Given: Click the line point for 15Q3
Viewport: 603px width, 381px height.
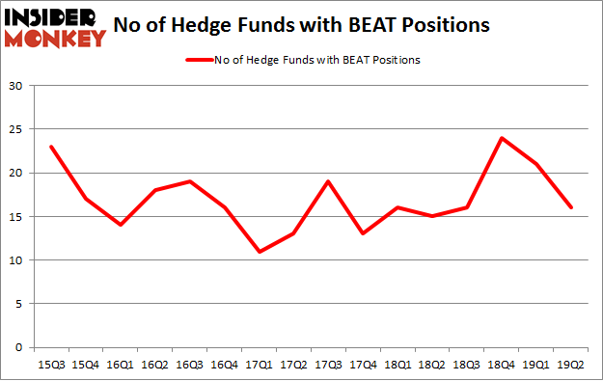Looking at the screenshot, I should (51, 147).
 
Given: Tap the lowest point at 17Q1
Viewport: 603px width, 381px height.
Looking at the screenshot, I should (260, 252).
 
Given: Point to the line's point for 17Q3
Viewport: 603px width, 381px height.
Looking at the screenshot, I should (329, 181).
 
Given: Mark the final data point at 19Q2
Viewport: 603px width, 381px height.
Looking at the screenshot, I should (572, 207).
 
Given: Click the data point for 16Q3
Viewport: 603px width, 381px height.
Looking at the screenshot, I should (190, 181).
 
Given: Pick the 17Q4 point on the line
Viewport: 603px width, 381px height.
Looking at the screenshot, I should (364, 234).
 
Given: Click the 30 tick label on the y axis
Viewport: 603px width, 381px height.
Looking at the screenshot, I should (16, 87).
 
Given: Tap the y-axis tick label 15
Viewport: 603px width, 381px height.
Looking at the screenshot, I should (16, 217).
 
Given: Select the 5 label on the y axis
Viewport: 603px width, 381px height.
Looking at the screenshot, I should (19, 304).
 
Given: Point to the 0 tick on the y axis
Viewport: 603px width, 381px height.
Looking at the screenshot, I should (19, 347).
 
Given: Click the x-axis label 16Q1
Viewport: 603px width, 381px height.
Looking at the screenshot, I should (121, 364).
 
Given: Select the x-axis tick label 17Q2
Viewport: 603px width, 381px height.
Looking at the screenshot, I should (294, 364).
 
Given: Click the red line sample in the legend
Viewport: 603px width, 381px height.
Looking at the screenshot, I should (199, 60).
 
